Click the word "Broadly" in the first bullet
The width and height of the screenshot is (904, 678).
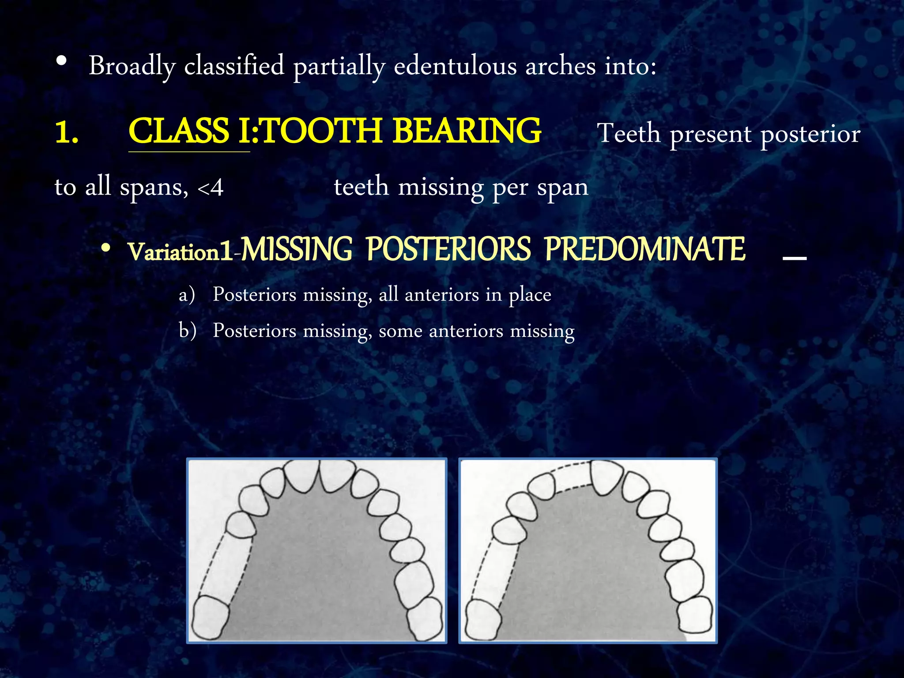(x=132, y=66)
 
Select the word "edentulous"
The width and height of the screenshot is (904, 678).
(x=455, y=66)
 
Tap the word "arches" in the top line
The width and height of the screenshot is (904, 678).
(x=560, y=66)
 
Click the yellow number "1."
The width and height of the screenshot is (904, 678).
(x=67, y=132)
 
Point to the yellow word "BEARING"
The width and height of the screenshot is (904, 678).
(x=467, y=131)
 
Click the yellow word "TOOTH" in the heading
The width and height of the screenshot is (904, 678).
(x=322, y=131)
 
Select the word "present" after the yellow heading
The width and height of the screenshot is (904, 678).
(x=710, y=134)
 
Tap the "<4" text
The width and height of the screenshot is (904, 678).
(x=210, y=188)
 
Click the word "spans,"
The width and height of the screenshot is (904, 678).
(x=154, y=188)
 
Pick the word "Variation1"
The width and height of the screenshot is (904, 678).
(x=180, y=252)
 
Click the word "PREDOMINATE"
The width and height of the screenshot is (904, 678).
(x=645, y=249)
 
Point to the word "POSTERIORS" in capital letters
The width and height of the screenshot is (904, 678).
(x=448, y=249)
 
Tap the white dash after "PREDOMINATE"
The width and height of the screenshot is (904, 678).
(x=794, y=258)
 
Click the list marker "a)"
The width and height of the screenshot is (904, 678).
(x=187, y=295)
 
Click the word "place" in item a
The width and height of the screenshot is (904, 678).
(x=530, y=295)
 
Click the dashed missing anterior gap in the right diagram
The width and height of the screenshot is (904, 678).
(x=572, y=476)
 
